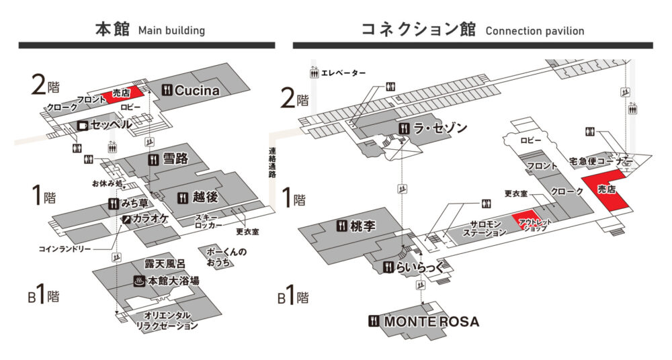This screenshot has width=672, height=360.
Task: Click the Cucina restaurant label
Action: (x=197, y=90)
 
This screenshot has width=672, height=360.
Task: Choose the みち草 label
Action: (x=135, y=203)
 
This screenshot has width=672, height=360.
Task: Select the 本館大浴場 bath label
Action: (x=173, y=281)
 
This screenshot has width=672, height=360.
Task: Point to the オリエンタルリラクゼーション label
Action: (x=167, y=320)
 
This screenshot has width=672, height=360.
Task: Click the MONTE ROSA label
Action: (x=431, y=322)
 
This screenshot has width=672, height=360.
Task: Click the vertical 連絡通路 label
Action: (x=272, y=163)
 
